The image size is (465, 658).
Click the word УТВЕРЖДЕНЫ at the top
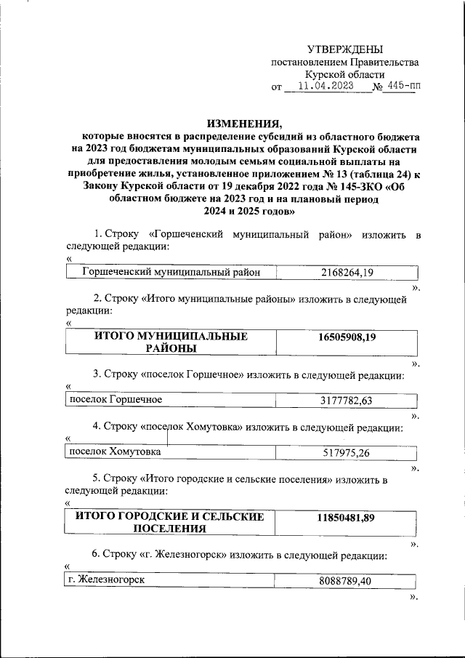point(344,49)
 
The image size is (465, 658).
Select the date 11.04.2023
point(321,86)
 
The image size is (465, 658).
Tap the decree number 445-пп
point(403,86)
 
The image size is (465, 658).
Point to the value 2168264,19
point(346,273)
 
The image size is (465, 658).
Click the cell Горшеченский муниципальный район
point(171,273)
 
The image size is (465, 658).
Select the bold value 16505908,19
point(346,337)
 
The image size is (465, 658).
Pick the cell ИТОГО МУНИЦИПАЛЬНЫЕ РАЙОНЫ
point(171,342)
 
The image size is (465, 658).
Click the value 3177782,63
point(346,401)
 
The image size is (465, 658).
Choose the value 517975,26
point(346,453)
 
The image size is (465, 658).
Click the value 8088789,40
point(346,581)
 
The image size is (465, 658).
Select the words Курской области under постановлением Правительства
point(344,74)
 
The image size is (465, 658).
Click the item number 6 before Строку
point(96,555)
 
